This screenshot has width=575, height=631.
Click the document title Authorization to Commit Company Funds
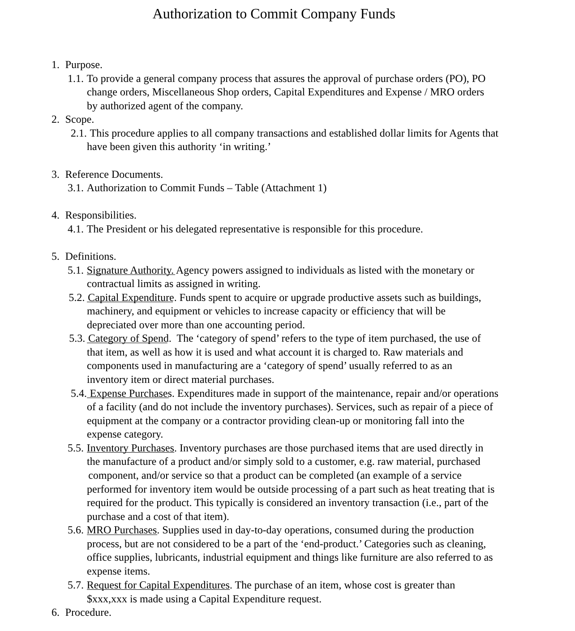274,14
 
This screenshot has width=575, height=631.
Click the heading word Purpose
84,65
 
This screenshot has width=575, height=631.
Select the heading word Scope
79,120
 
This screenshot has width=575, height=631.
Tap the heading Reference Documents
114,175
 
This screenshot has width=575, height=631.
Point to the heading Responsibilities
101,215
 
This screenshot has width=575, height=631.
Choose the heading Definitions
90,257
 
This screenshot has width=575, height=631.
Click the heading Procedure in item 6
88,613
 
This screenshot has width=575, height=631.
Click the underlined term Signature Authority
130,270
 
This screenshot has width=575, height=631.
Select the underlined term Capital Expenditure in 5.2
131,298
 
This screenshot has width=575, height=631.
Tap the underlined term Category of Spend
129,339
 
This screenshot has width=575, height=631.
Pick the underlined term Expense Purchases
130,394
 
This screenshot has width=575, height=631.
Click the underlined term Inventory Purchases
130,448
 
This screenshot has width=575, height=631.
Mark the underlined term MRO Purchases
122,530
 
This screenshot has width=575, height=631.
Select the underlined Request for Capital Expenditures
158,585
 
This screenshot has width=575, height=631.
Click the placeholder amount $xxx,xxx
107,599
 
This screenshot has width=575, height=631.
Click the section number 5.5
76,448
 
